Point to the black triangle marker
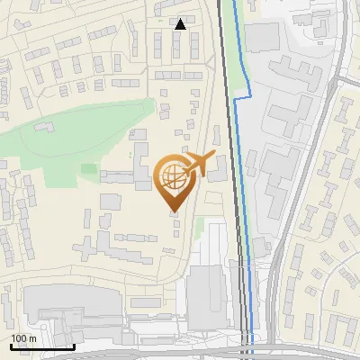[x=181, y=24]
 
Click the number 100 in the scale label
[x=20, y=337]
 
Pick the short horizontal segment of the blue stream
[x=240, y=99]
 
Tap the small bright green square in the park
[x=88, y=168]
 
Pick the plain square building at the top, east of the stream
[x=264, y=37]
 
